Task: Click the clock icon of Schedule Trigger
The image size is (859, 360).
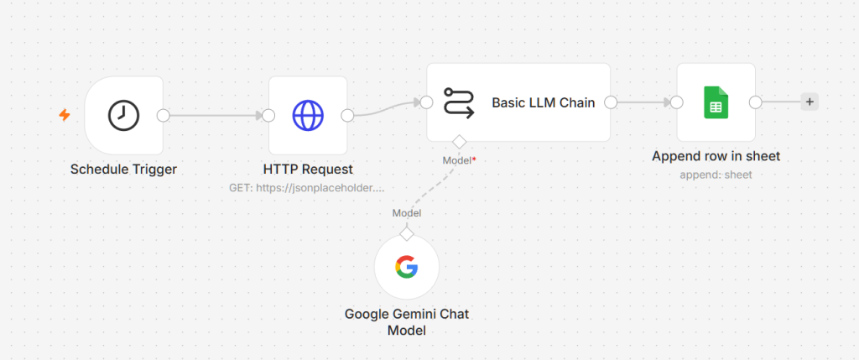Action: tap(123, 116)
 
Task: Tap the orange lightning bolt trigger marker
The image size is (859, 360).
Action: tap(65, 115)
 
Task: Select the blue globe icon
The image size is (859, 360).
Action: tap(308, 116)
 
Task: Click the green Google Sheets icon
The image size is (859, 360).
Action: tap(716, 102)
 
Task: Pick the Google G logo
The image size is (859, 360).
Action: tap(407, 268)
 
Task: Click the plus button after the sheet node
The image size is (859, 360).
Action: tap(810, 102)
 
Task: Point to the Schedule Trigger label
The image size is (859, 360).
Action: tap(124, 170)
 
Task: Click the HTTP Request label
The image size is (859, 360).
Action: tap(308, 170)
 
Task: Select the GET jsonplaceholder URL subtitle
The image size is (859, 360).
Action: tap(307, 188)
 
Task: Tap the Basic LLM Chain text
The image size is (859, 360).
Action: tap(544, 102)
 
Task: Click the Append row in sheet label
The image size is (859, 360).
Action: tap(716, 156)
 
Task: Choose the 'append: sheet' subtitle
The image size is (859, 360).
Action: tap(716, 175)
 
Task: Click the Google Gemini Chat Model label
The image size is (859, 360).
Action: tap(407, 322)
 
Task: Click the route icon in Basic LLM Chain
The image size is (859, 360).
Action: tap(459, 102)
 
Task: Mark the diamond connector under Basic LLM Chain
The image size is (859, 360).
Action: tap(459, 142)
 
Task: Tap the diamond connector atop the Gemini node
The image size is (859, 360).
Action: tap(407, 234)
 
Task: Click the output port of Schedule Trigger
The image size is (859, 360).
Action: tap(164, 116)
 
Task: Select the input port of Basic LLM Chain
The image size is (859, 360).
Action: tap(427, 102)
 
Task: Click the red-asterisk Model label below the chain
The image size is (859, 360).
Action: tap(459, 160)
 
